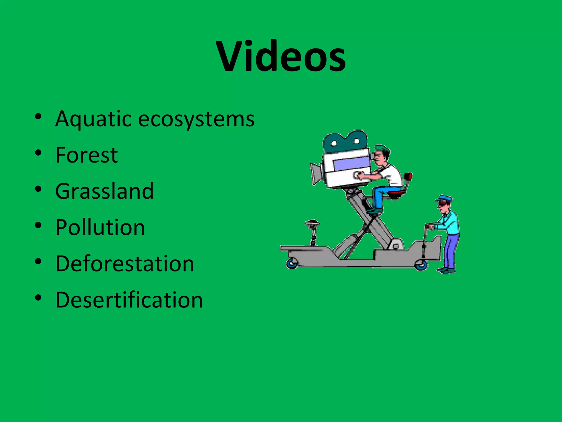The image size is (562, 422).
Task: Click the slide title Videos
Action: point(281,56)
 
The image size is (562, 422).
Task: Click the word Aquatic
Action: point(93,119)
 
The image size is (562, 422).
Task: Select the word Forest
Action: point(86,155)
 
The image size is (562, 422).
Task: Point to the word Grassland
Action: point(104,191)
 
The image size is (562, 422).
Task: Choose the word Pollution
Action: point(100,227)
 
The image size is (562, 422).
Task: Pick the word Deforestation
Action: point(125,264)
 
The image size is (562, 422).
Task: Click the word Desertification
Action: point(129,300)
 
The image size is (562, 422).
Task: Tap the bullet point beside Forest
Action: point(38,153)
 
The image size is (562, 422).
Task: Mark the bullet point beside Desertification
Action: point(38,298)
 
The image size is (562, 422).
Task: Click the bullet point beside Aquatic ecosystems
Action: point(38,116)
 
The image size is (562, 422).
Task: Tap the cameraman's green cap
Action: point(382,149)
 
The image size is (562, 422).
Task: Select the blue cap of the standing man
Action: point(444,198)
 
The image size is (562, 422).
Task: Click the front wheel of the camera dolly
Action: point(292,263)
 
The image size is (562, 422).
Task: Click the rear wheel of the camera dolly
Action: point(421,265)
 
